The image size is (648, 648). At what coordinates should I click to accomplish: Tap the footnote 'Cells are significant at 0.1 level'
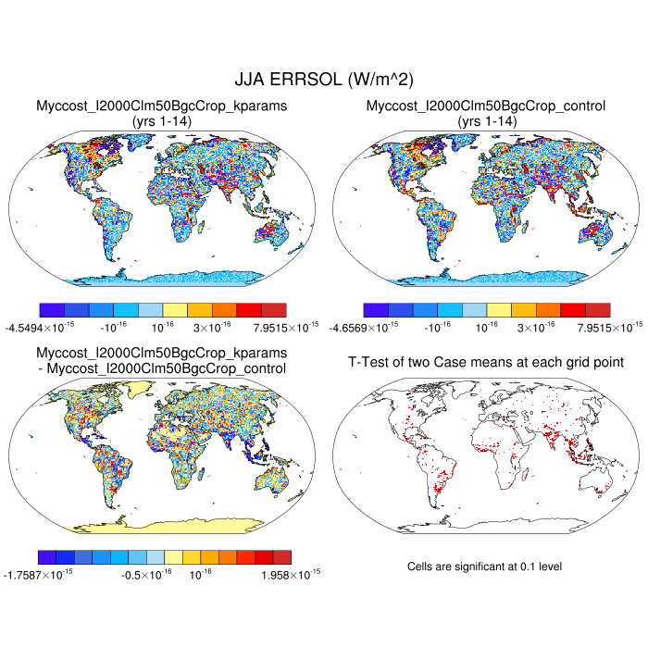[484, 566]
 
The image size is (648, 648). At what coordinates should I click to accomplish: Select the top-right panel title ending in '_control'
[486, 106]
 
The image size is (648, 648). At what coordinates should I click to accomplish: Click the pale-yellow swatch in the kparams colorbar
[176, 309]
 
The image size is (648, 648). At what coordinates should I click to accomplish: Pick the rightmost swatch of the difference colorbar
[281, 557]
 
